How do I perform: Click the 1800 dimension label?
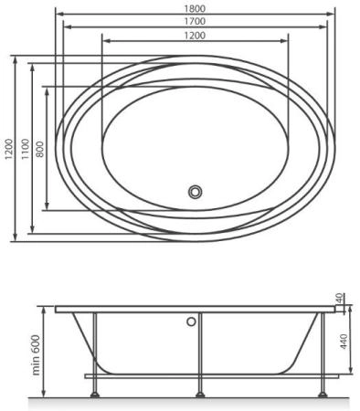(x=194, y=6)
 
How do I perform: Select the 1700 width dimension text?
(x=194, y=20)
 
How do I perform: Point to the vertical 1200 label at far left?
(x=7, y=151)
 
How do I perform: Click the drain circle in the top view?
(x=195, y=192)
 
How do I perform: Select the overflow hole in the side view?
(x=192, y=321)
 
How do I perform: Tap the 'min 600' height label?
(x=35, y=352)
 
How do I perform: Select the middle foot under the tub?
(x=200, y=395)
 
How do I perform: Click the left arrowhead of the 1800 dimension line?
(x=57, y=13)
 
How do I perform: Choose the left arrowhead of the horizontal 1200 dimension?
(x=102, y=41)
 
